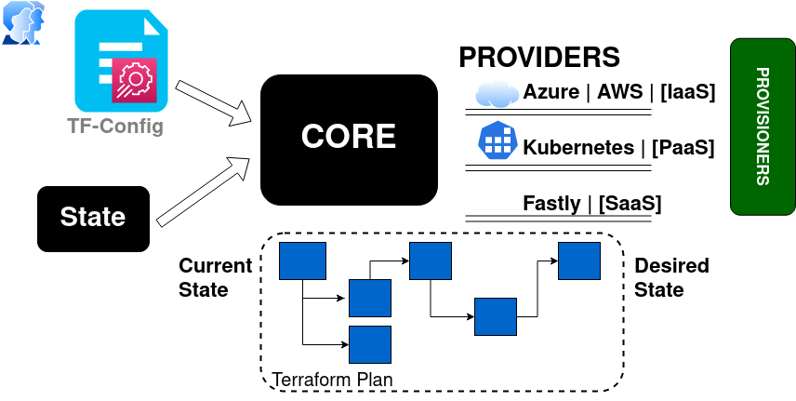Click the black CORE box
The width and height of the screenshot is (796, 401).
click(349, 140)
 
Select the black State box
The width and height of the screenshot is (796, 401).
click(93, 219)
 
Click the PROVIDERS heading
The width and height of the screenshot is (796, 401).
click(539, 57)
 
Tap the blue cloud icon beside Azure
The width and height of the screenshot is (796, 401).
click(497, 94)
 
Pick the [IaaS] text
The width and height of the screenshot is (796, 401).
click(687, 93)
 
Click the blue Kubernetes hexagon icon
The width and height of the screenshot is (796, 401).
click(497, 141)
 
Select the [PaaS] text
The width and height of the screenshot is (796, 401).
click(683, 147)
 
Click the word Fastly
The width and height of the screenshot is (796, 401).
click(551, 203)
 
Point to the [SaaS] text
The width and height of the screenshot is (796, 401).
click(630, 203)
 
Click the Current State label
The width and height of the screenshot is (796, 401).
click(215, 277)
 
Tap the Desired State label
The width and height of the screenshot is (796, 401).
click(671, 277)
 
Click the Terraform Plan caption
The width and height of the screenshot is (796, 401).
click(332, 380)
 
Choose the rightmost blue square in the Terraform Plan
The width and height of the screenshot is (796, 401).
click(578, 261)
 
